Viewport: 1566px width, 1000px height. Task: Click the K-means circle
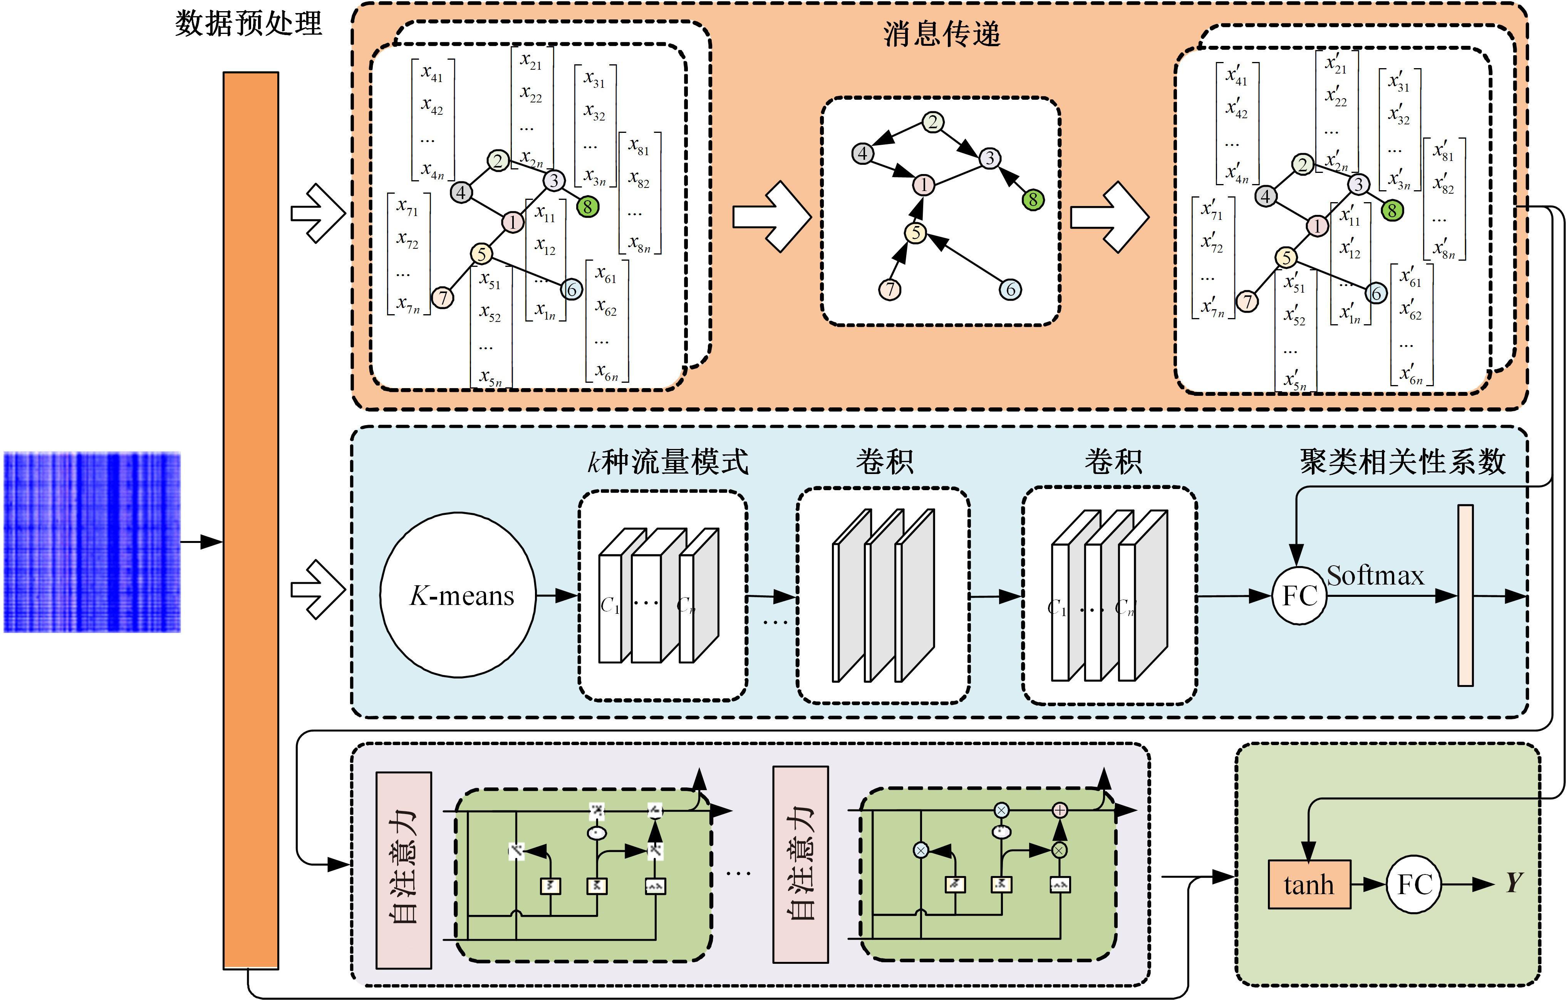click(458, 595)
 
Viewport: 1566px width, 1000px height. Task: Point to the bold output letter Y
click(1513, 883)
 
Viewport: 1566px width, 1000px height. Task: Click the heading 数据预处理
click(248, 24)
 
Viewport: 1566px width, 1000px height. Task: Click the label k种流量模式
click(668, 462)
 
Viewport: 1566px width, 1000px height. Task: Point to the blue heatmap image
click(92, 542)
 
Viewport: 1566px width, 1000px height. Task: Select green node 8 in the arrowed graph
click(1033, 199)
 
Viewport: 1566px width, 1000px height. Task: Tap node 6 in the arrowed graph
click(1010, 289)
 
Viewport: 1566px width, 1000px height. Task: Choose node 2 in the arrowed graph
click(932, 122)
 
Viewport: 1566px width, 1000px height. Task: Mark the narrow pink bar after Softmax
click(1465, 595)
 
